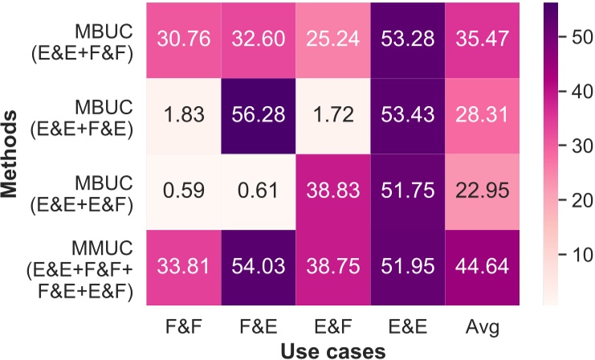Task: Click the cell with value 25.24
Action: coord(333,39)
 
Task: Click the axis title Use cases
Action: coord(332,350)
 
